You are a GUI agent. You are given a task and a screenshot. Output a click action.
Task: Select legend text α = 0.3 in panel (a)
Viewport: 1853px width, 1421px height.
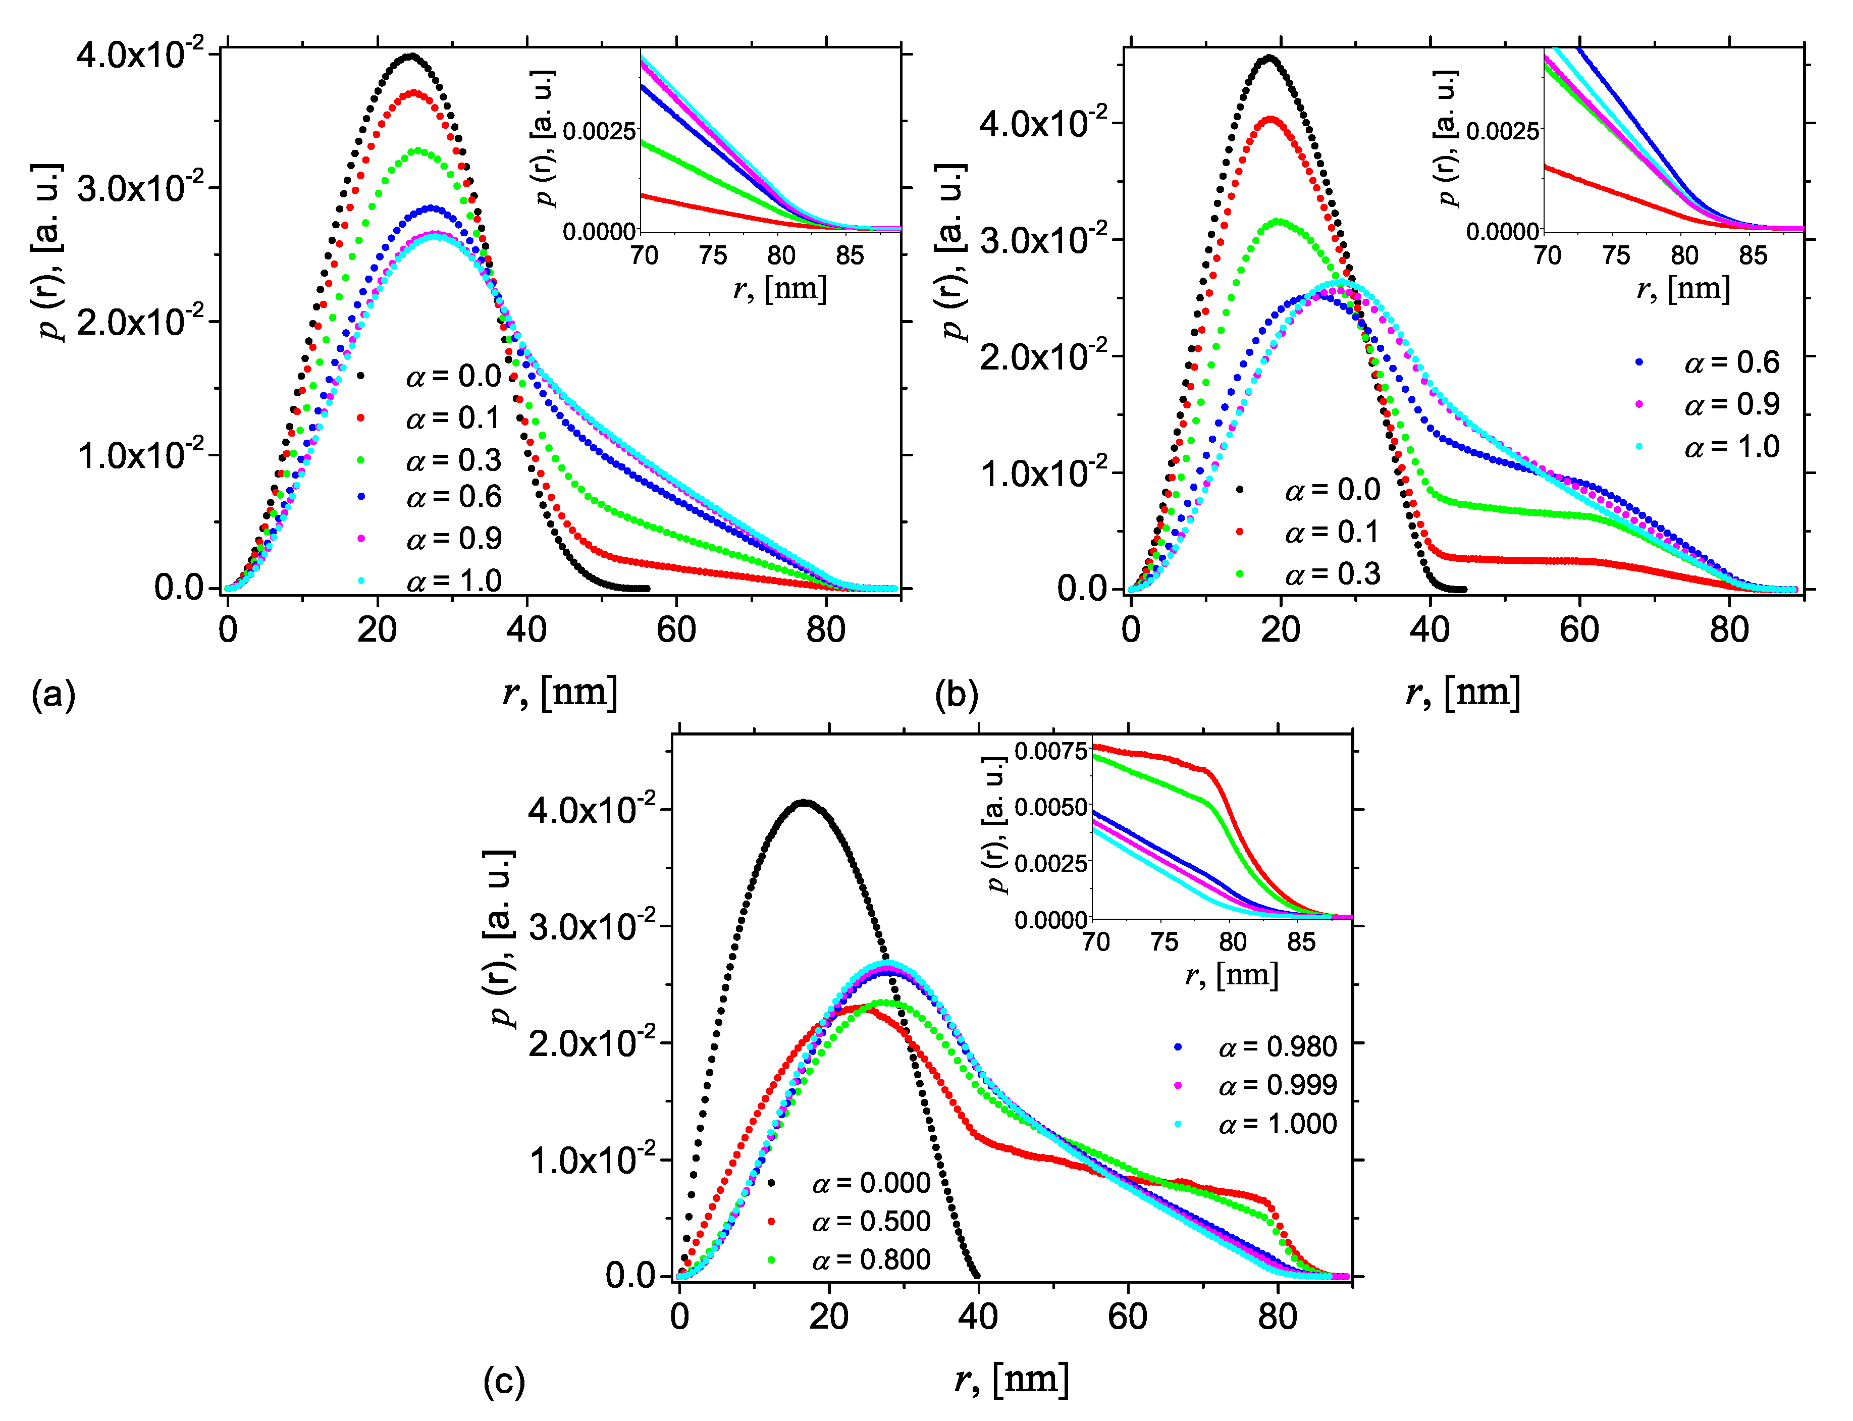pyautogui.click(x=453, y=460)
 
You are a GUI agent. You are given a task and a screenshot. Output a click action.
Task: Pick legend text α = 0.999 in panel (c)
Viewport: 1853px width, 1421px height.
pyautogui.click(x=1277, y=1085)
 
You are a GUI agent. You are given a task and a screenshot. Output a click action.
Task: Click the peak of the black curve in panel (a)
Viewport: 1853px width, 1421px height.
pyautogui.click(x=410, y=57)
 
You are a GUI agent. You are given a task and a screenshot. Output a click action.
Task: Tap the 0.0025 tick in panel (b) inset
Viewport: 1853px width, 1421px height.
pyautogui.click(x=1502, y=131)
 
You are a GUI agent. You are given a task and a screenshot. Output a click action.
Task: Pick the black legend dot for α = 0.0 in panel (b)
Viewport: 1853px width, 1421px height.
pyautogui.click(x=1240, y=490)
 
